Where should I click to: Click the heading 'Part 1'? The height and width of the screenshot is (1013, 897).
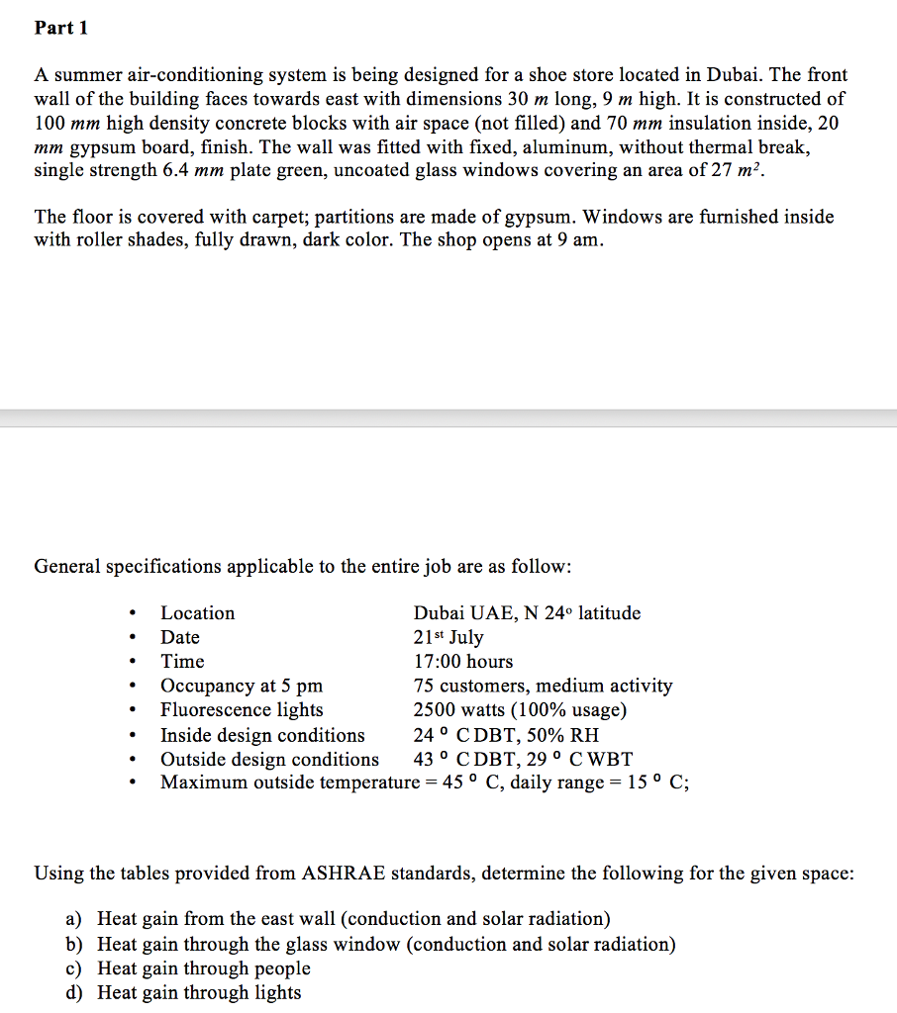pyautogui.click(x=61, y=28)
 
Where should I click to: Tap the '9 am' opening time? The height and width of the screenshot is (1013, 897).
pyautogui.click(x=581, y=240)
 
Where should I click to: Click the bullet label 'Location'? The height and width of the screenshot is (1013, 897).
pyautogui.click(x=198, y=613)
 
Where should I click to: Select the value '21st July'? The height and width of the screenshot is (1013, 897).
pyautogui.click(x=448, y=637)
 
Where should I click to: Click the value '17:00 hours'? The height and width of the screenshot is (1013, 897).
pyautogui.click(x=462, y=661)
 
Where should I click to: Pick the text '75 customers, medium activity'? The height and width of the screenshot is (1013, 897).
pyautogui.click(x=543, y=686)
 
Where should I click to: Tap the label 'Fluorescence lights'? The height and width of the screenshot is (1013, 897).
pyautogui.click(x=242, y=709)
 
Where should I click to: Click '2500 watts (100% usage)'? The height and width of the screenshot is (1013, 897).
pyautogui.click(x=520, y=709)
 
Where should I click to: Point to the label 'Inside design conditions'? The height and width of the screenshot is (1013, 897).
pyautogui.click(x=262, y=735)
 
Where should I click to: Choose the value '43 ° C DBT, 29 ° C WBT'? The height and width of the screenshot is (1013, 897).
pyautogui.click(x=523, y=760)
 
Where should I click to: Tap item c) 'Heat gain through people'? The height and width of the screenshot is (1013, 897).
pyautogui.click(x=204, y=968)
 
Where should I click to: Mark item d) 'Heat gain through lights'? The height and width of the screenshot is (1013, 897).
pyautogui.click(x=199, y=992)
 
